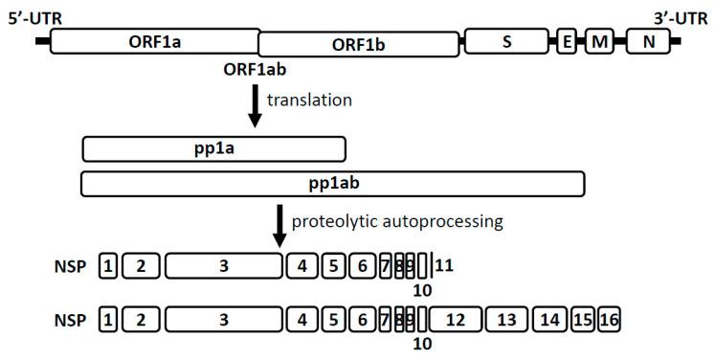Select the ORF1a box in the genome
[x=153, y=40]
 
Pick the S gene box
[x=505, y=41]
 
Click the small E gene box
[x=567, y=41]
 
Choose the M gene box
[x=599, y=41]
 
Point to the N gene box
[x=648, y=41]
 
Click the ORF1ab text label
[x=259, y=70]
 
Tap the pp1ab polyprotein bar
[x=332, y=183]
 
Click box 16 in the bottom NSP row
[x=609, y=320]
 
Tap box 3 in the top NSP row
[x=223, y=266]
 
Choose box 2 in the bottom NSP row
[x=141, y=320]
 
